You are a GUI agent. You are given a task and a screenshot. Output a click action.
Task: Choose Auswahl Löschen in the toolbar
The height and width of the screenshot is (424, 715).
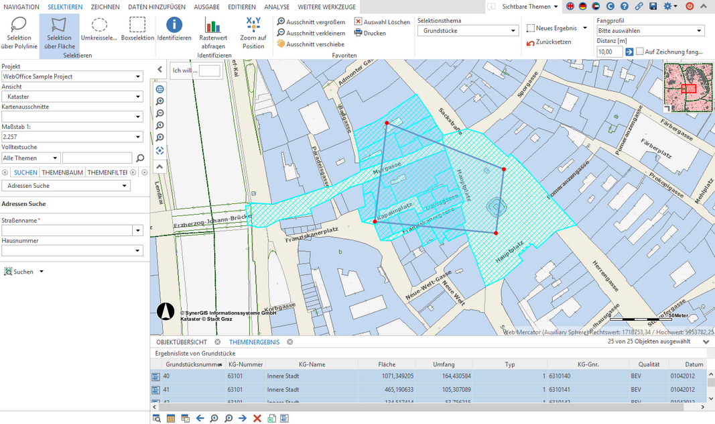click(x=382, y=22)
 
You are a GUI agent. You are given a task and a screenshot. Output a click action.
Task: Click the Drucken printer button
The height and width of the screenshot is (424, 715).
click(x=370, y=33)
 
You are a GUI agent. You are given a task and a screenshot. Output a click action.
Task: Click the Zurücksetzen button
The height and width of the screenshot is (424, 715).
click(x=549, y=42)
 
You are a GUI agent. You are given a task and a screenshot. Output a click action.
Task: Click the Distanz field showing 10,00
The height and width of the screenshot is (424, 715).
click(x=608, y=52)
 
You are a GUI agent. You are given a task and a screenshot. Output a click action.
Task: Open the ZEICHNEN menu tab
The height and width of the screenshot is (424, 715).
click(x=105, y=7)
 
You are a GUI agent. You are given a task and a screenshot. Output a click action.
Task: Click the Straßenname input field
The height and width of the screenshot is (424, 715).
click(x=67, y=230)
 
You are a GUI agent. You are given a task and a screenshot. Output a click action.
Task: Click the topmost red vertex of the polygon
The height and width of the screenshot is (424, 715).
click(x=387, y=123)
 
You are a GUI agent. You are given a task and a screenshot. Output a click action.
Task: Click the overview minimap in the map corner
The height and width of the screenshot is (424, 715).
click(x=688, y=88)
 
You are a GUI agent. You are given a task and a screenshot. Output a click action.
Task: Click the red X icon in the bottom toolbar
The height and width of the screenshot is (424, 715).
click(x=257, y=419)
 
